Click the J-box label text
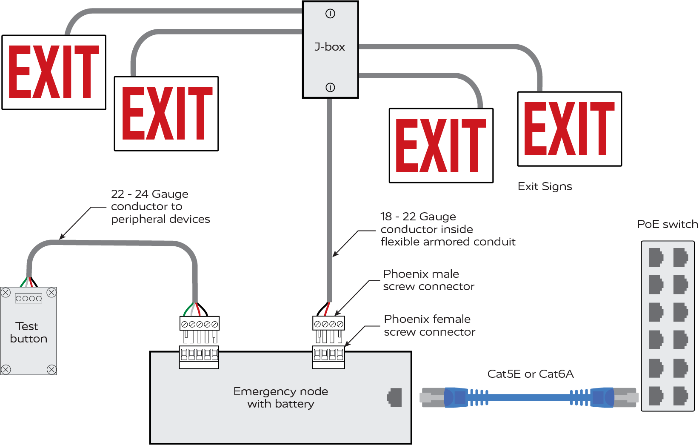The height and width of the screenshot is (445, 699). (x=330, y=47)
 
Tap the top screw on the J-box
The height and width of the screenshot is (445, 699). (x=330, y=14)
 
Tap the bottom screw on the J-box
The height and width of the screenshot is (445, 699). (x=330, y=87)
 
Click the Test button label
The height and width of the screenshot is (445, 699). (x=29, y=332)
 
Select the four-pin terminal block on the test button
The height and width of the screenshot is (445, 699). (x=29, y=298)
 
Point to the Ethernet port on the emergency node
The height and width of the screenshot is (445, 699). (x=395, y=397)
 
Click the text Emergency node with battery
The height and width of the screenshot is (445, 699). (x=281, y=397)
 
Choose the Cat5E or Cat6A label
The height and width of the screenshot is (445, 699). (x=531, y=374)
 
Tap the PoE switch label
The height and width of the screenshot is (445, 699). (x=667, y=224)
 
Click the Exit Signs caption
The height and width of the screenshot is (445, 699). (x=545, y=186)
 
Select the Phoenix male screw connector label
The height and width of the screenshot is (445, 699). (x=428, y=280)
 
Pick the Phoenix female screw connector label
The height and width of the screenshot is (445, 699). (x=429, y=325)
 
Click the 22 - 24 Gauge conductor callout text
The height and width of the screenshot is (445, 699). (x=160, y=206)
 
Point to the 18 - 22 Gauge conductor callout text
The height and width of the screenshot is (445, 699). (x=448, y=229)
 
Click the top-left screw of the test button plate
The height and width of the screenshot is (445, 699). (x=6, y=292)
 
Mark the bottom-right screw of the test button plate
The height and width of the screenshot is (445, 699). (x=51, y=369)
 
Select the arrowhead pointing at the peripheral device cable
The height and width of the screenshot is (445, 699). (x=62, y=237)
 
